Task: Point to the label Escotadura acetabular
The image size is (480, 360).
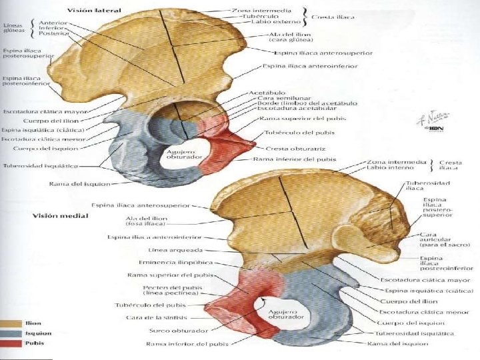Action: (x=287, y=109)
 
